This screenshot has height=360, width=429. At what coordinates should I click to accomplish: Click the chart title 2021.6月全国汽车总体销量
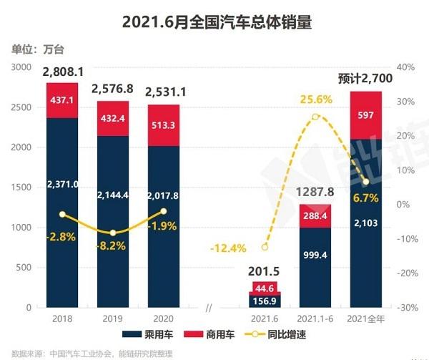pos(217,22)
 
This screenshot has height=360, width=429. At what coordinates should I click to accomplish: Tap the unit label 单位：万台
pos(38,49)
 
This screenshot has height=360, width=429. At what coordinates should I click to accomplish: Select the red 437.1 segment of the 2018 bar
pos(62,100)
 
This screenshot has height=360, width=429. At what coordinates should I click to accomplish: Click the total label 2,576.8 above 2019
pos(112,89)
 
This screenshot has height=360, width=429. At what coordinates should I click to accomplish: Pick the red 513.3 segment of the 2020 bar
pos(164,125)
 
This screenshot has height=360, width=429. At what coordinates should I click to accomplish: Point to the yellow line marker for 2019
pos(113,233)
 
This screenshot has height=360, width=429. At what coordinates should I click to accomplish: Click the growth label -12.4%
pos(229,248)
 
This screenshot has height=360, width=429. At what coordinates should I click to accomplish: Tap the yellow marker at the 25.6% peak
pos(315,117)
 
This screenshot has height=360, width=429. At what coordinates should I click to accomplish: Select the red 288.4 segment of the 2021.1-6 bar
pos(315,216)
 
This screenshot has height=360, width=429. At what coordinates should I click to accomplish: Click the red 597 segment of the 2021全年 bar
pos(366,115)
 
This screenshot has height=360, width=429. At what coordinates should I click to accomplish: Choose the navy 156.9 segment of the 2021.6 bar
pos(265,301)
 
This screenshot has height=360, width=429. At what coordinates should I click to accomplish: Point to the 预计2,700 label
pos(365,79)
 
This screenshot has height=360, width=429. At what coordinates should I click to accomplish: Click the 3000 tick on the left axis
pos(21,67)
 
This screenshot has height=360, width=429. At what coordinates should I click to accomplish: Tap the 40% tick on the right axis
pos(405,67)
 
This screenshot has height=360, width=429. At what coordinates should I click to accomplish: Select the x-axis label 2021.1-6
pos(315,318)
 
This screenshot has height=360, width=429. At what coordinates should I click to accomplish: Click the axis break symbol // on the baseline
pos(209,308)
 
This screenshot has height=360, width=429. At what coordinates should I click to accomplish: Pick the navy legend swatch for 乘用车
pos(132,334)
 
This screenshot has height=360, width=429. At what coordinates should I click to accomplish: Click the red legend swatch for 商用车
pos(194,334)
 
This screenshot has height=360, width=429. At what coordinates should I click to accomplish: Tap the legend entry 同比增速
pos(287,334)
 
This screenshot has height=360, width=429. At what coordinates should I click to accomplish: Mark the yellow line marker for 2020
pos(164,211)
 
